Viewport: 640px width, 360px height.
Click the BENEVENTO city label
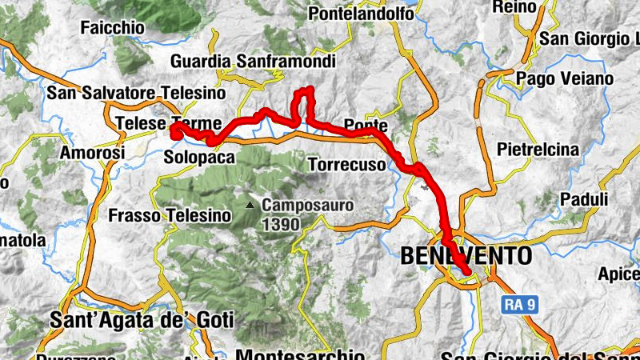click(465, 256)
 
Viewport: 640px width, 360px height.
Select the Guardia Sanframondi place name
click(252, 62)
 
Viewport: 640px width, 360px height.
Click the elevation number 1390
click(280, 225)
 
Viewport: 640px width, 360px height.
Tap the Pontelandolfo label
click(361, 14)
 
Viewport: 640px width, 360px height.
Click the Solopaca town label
click(199, 158)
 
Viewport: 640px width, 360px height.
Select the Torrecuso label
click(346, 165)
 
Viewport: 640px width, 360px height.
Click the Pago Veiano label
click(565, 78)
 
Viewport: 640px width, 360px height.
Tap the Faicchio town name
click(112, 27)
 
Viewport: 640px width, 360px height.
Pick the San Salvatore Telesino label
click(128, 93)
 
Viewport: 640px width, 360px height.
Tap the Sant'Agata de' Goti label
click(142, 321)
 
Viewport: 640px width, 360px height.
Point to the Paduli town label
click(585, 198)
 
